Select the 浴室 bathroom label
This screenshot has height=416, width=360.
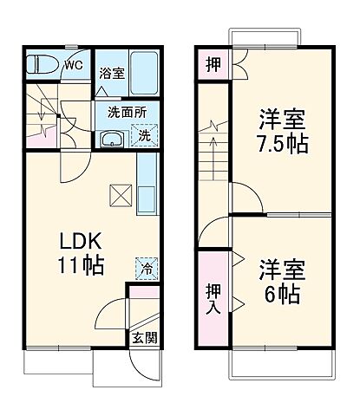112,73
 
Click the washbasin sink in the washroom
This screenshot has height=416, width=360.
111,139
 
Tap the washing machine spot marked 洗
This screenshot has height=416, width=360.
144,135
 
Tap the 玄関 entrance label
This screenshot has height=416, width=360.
145,337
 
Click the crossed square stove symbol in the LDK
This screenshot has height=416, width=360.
119,195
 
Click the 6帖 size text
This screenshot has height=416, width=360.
281,294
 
